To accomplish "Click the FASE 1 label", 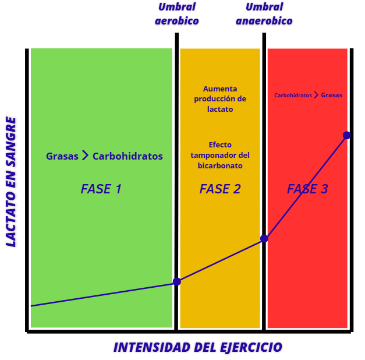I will coord(101,189).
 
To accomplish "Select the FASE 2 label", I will coord(220,189).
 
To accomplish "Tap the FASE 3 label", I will coord(307,189).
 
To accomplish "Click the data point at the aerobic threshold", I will coord(177,281).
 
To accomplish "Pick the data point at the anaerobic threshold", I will coord(264,238).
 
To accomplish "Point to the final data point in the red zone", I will coord(346,135).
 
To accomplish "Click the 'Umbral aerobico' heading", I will coord(177,14).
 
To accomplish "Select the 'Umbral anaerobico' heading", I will coord(264,14).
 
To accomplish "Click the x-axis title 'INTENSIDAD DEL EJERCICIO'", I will coord(197,348).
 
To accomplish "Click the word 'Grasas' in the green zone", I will coord(62,156).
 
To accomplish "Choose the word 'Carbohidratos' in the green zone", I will coord(127,156).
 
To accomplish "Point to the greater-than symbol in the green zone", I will coord(85,156).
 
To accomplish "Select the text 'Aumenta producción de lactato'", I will coord(220,98).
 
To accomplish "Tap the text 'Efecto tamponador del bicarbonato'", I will coord(220,155).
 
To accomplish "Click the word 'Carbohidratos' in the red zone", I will coord(293,95).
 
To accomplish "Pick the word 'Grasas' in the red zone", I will coord(332,95).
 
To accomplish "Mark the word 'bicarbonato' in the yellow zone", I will coord(220,166).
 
